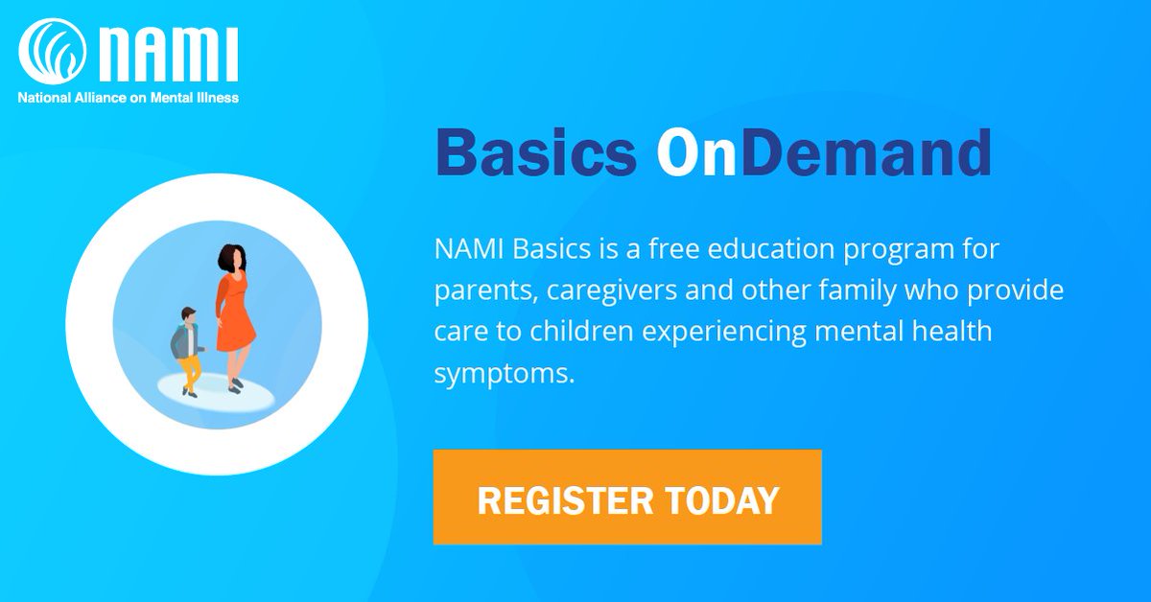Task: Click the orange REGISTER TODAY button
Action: [x=627, y=497]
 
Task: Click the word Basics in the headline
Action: [x=535, y=153]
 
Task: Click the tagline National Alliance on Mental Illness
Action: [x=129, y=97]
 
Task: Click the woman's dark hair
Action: [x=231, y=259]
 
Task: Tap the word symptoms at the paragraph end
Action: [x=505, y=372]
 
